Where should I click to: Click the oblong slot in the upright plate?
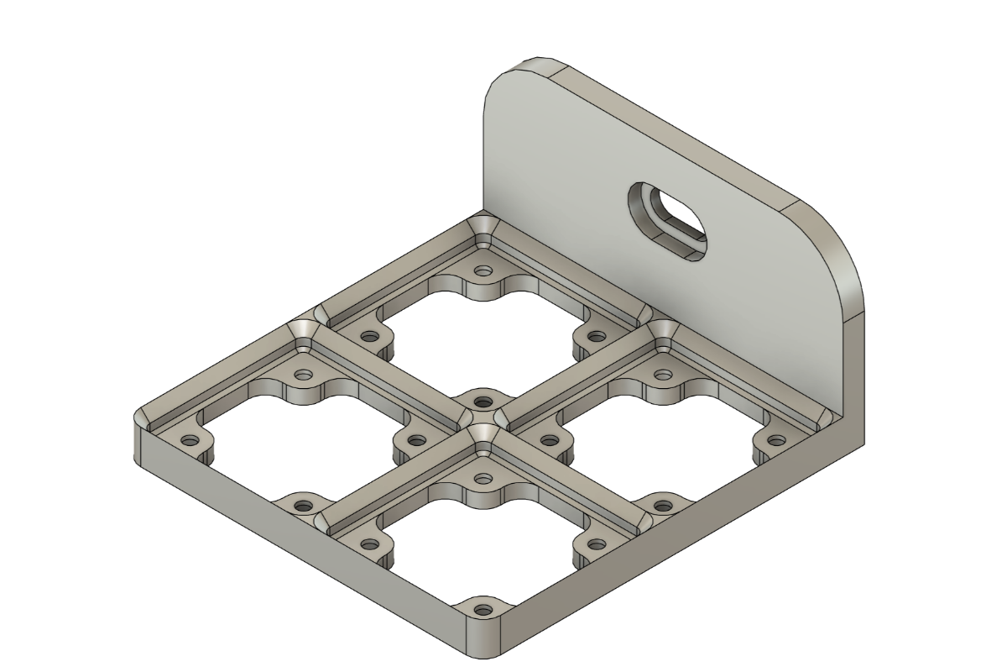[676, 220]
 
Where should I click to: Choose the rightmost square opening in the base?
[663, 437]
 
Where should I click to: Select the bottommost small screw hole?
[482, 609]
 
